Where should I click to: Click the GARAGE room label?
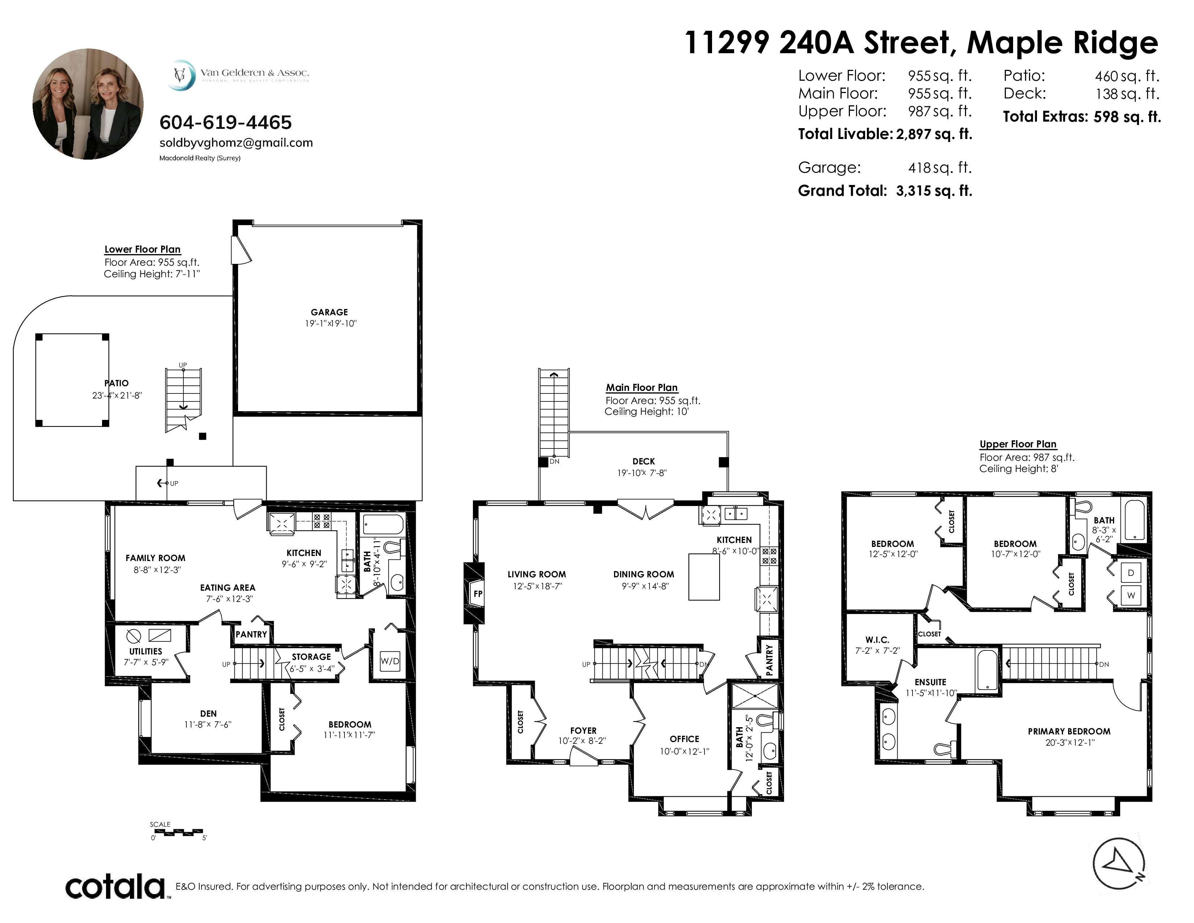coord(329,312)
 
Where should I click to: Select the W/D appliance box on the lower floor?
coord(390,661)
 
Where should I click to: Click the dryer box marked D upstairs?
coord(1131,573)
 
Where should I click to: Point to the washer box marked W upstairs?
coord(1131,595)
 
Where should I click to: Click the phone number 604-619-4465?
coord(225,122)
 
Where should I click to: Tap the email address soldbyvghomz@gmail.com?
coord(236,143)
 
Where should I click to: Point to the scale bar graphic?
coord(179,833)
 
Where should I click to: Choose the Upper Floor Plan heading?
coord(1017,444)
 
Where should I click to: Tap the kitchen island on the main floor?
coord(704,577)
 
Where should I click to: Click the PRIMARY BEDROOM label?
coord(1069,731)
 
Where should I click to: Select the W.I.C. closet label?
coord(877,640)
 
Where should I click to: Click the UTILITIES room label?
coord(145,651)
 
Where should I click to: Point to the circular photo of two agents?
coord(88,104)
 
